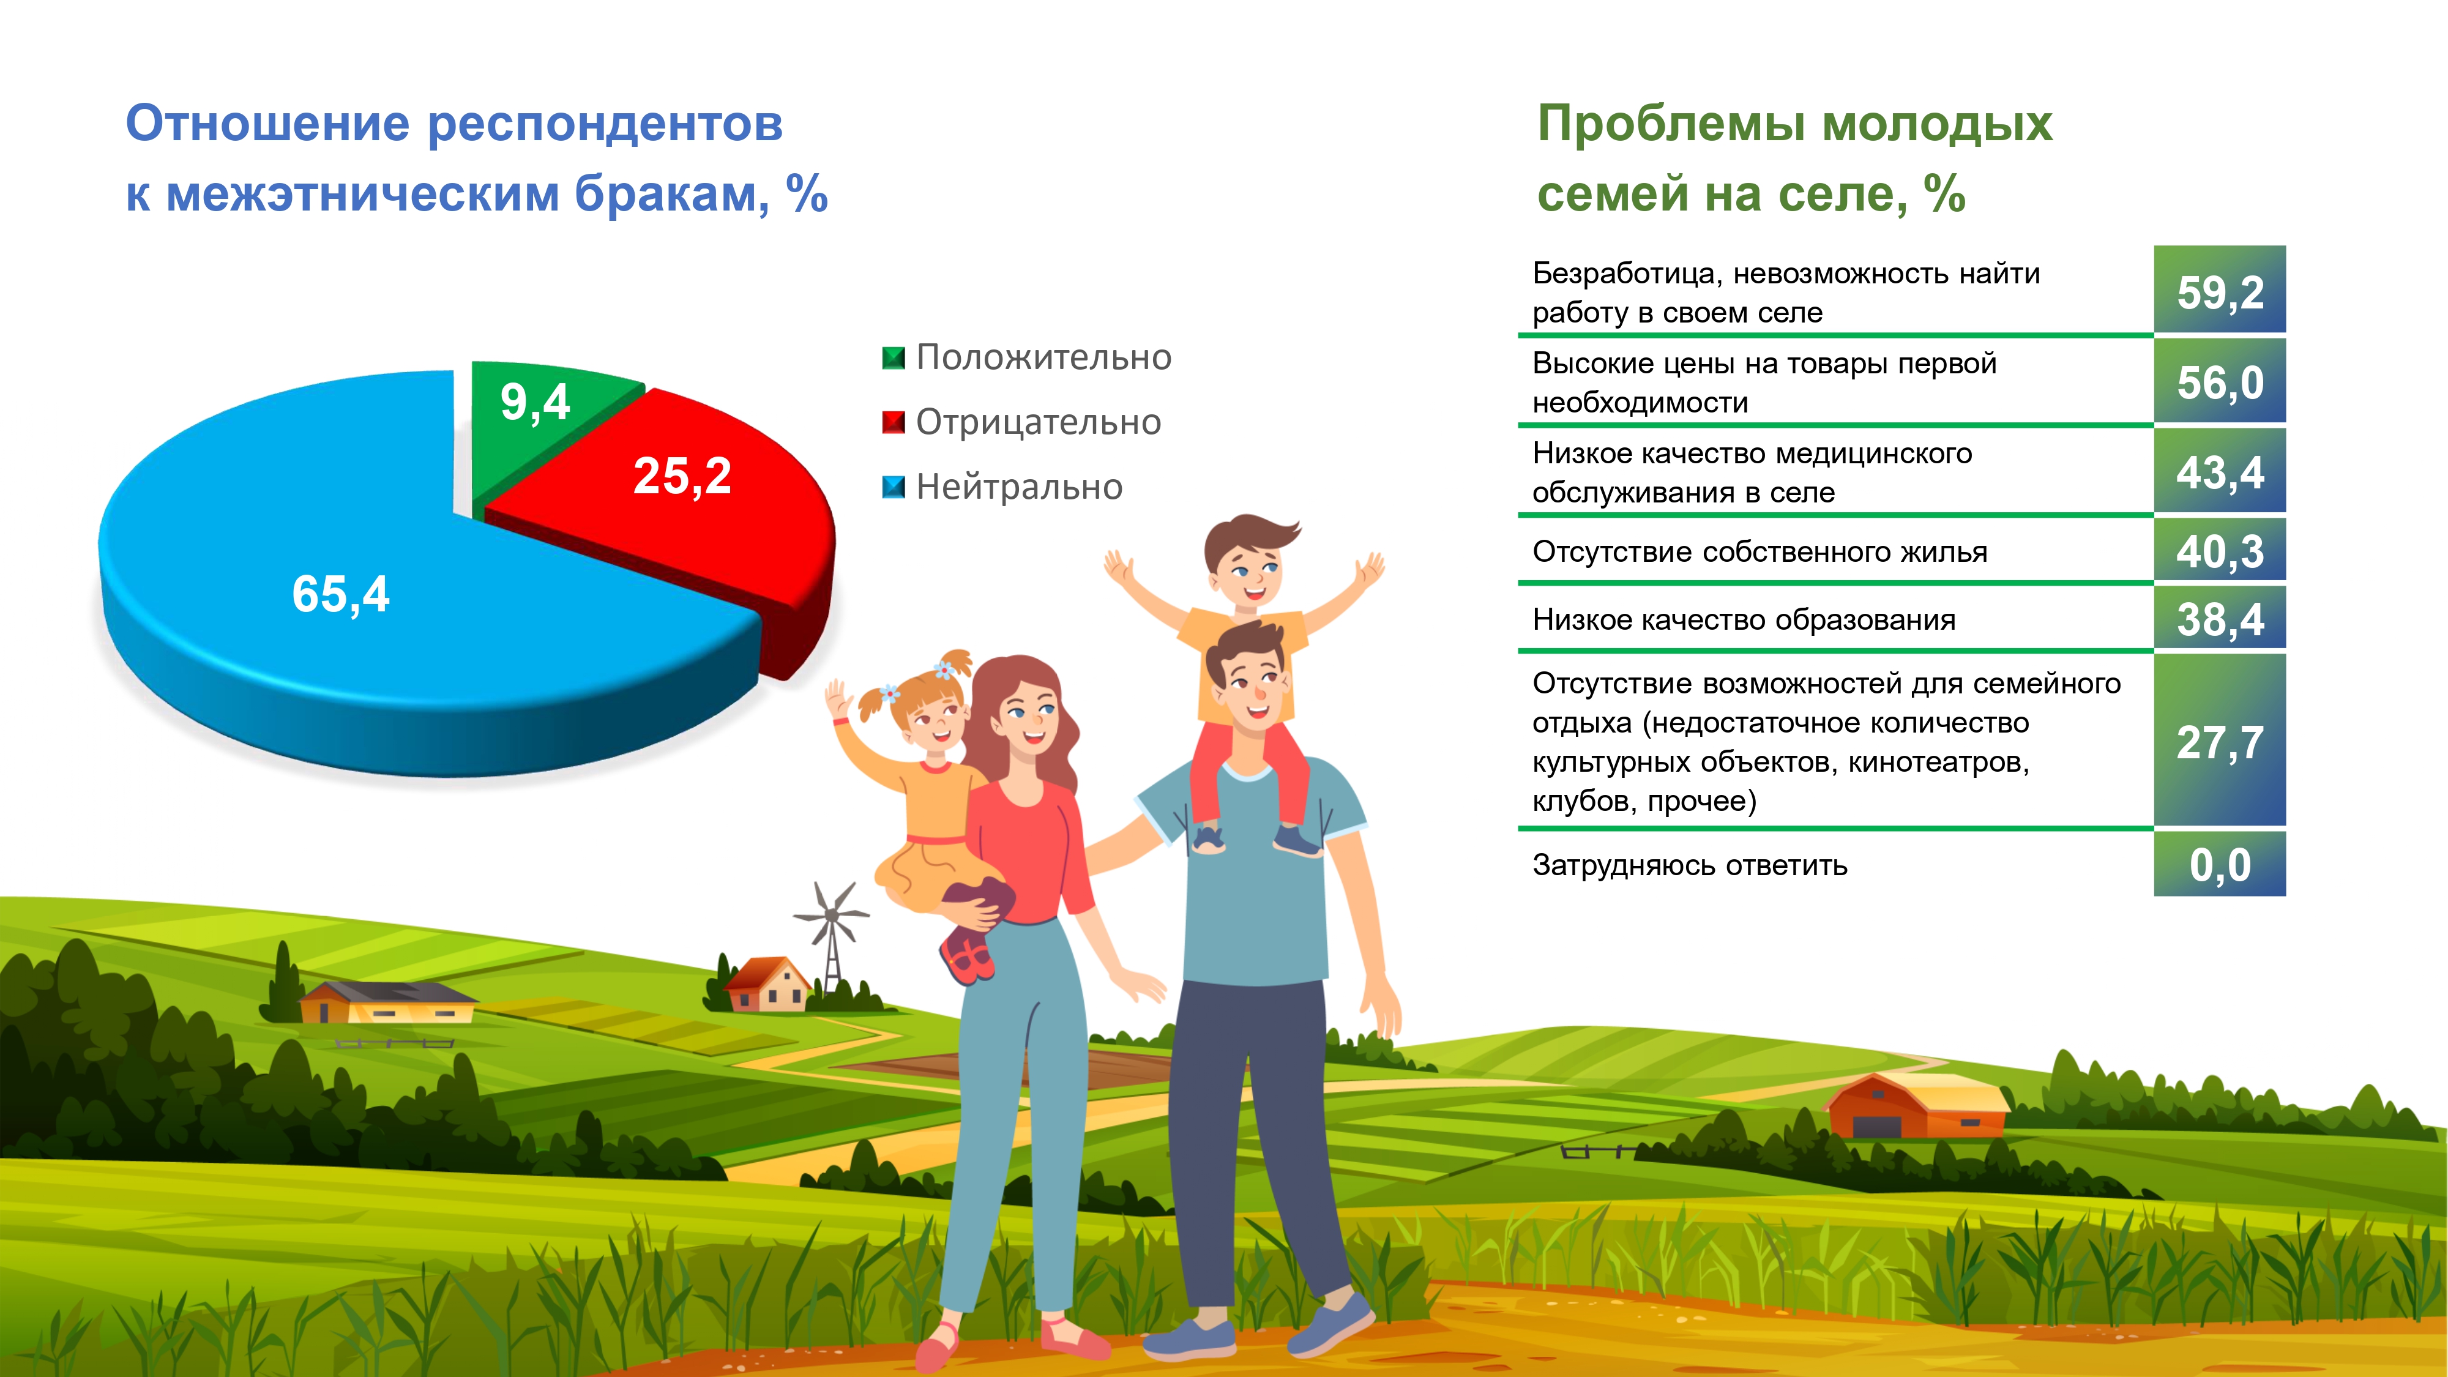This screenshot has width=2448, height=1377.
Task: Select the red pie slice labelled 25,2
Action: coord(684,513)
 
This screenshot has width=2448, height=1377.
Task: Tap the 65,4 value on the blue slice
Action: coord(340,595)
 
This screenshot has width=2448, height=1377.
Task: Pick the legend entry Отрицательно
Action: coord(1021,422)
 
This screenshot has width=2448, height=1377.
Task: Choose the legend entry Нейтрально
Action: coord(1002,487)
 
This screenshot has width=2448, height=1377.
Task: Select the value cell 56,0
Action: coord(2220,381)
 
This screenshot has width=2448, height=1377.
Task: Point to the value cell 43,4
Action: coord(2220,471)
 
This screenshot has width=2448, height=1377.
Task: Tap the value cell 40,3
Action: coord(2220,550)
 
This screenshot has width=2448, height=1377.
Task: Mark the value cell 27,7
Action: coord(2220,741)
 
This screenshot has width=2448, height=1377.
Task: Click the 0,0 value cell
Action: coord(2220,864)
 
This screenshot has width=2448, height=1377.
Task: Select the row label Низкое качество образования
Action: coord(1744,619)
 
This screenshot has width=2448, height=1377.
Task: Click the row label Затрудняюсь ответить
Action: coord(1690,865)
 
